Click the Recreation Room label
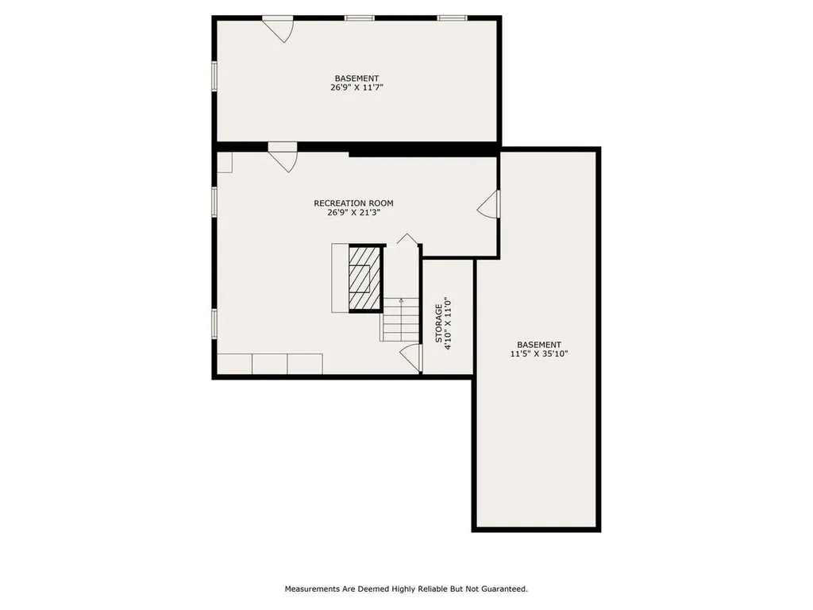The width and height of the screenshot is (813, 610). pyautogui.click(x=353, y=203)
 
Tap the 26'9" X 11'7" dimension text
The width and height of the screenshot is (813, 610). pyautogui.click(x=356, y=87)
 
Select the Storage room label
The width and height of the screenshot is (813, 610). pyautogui.click(x=438, y=323)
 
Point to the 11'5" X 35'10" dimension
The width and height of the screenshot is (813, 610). pyautogui.click(x=539, y=354)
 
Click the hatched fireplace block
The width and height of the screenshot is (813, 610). pyautogui.click(x=365, y=278)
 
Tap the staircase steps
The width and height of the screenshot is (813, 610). pyautogui.click(x=401, y=319)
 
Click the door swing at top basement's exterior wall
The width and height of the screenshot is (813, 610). pyautogui.click(x=280, y=30)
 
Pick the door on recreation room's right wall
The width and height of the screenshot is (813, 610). pyautogui.click(x=489, y=204)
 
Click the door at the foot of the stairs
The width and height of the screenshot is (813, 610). pyautogui.click(x=410, y=357)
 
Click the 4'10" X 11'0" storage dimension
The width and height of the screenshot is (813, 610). pyautogui.click(x=449, y=323)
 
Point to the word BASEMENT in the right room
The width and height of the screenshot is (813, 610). pyautogui.click(x=539, y=345)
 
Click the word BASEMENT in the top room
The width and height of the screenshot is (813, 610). pyautogui.click(x=356, y=79)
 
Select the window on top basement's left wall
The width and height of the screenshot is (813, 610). pyautogui.click(x=214, y=77)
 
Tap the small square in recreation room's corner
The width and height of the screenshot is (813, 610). pyautogui.click(x=225, y=162)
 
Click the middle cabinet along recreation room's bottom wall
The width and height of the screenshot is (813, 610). pyautogui.click(x=270, y=364)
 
